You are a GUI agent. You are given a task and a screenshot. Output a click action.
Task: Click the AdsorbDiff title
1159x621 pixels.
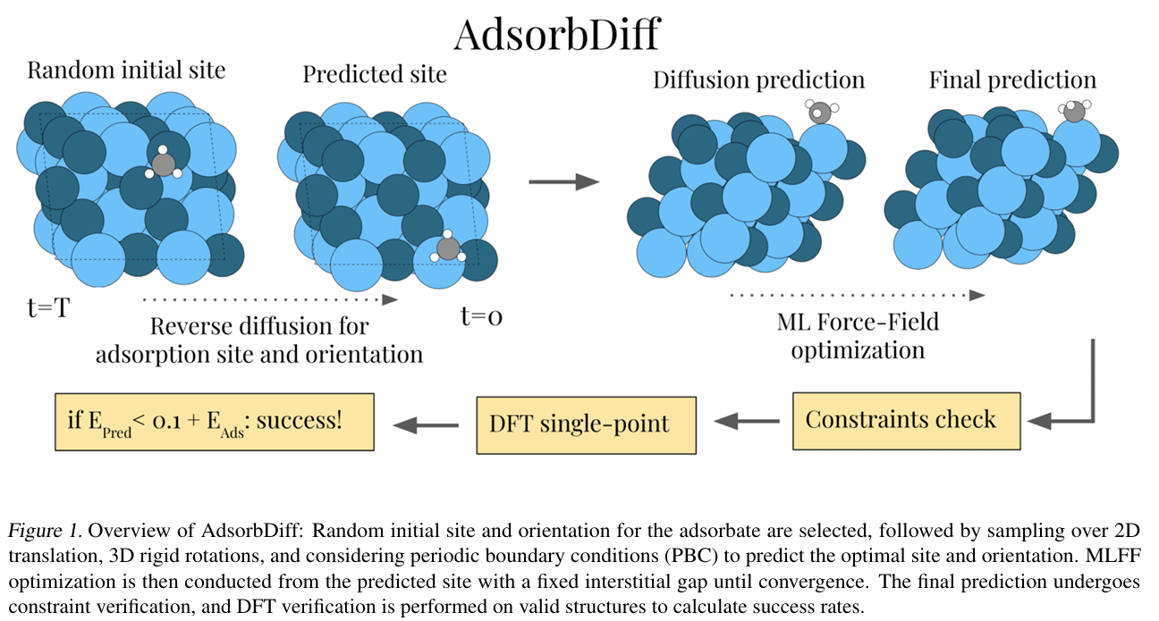click(x=555, y=35)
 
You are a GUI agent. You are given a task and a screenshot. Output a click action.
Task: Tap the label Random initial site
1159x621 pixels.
click(x=126, y=71)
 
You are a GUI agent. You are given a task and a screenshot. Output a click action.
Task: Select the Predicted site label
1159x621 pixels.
click(x=374, y=74)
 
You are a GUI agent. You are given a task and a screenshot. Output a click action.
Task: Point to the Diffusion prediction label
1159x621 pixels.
click(x=758, y=80)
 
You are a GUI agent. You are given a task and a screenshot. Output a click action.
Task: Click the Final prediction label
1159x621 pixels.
click(x=1012, y=80)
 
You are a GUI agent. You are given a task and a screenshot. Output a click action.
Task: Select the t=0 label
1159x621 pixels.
click(x=480, y=315)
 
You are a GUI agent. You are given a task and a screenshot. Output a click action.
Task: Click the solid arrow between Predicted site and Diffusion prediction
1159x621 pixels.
click(x=563, y=182)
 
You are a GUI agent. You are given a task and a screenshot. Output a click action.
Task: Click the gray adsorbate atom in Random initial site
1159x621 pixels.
click(x=163, y=164)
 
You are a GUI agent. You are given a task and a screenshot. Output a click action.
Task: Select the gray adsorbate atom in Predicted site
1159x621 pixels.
click(x=448, y=248)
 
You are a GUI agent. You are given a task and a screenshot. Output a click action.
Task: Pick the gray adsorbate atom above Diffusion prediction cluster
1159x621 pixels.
click(x=819, y=113)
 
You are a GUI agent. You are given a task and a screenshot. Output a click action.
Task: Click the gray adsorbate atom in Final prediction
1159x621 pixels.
click(x=1075, y=111)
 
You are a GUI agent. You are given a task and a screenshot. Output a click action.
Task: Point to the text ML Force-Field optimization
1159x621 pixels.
click(x=857, y=335)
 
